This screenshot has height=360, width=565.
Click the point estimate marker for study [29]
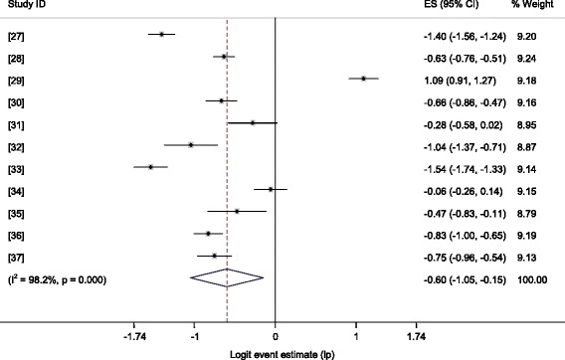[364, 78]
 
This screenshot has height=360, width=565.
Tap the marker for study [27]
[161, 34]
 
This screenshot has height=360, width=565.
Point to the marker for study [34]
[271, 189]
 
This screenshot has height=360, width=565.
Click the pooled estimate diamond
[227, 279]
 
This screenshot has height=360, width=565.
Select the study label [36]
[17, 235]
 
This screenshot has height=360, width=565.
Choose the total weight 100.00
[529, 279]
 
